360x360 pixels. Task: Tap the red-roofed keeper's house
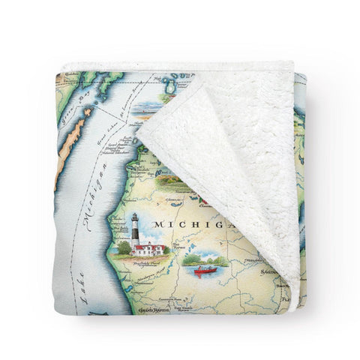[x=149, y=248]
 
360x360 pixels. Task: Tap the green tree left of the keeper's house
[x=124, y=247]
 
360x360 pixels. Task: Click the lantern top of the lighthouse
[x=135, y=217]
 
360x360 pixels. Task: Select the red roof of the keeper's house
[x=149, y=244]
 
